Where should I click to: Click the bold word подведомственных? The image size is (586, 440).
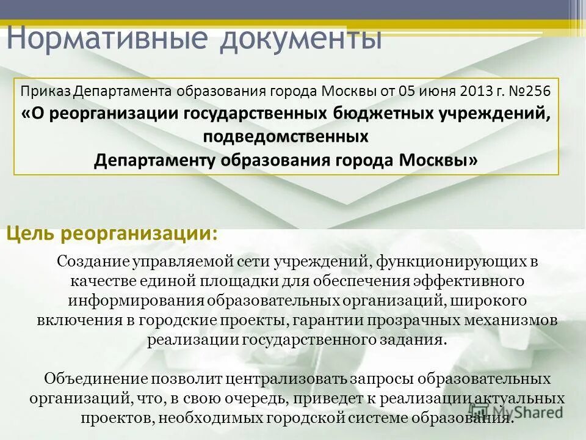click(x=286, y=137)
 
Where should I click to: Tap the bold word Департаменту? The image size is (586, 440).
click(x=153, y=159)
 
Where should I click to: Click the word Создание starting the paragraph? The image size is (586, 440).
click(x=92, y=262)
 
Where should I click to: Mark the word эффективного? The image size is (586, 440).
click(x=468, y=281)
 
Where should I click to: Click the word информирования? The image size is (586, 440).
click(x=135, y=301)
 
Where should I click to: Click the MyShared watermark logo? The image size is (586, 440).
click(x=516, y=411)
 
